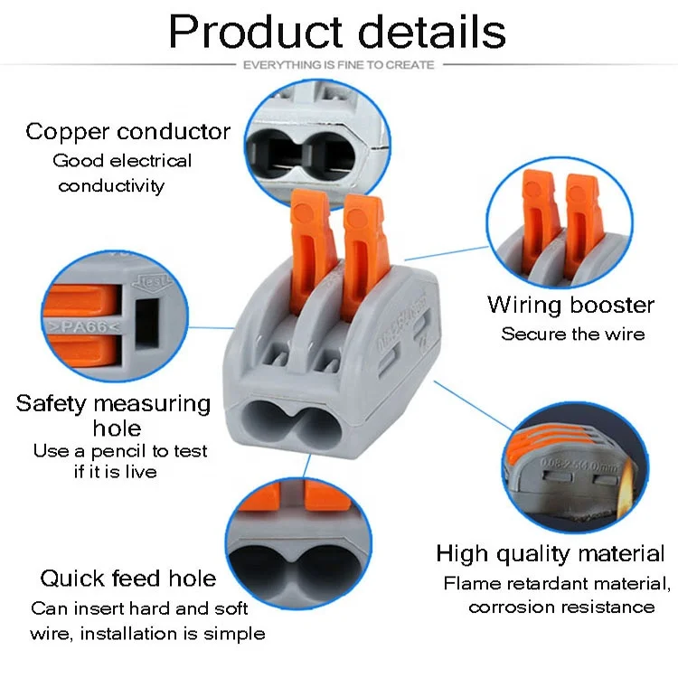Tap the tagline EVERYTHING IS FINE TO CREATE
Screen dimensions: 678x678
click(339, 65)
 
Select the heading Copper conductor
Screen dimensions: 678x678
click(127, 132)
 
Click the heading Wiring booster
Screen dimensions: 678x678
click(570, 305)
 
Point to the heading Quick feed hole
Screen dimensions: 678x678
click(128, 579)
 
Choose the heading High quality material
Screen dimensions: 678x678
click(550, 554)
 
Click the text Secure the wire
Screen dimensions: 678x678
click(573, 334)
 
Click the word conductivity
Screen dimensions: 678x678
click(112, 186)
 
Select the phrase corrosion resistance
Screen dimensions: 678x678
click(561, 607)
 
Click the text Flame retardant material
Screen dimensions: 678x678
click(556, 583)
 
